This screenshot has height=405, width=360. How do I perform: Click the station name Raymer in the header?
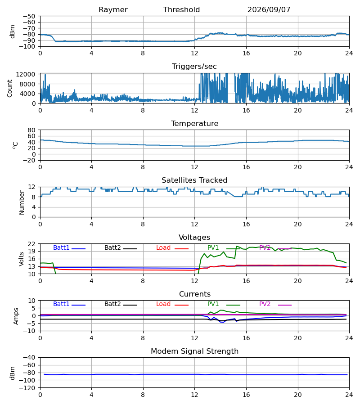[113, 10]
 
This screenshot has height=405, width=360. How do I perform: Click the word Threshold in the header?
[181, 10]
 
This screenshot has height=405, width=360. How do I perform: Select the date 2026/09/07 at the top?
[269, 10]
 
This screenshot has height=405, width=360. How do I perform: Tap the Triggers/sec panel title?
[194, 67]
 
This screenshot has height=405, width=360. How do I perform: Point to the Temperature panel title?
[195, 123]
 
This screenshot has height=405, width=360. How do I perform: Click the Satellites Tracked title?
[194, 180]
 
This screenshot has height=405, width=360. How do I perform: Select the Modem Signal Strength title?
[195, 351]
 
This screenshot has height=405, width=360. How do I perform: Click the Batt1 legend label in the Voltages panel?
[61, 247]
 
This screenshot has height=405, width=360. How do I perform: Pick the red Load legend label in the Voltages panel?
[163, 247]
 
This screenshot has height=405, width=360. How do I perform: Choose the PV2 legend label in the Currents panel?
[265, 304]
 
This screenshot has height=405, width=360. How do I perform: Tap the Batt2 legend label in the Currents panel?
[112, 304]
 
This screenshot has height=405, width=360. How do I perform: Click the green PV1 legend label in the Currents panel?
[213, 304]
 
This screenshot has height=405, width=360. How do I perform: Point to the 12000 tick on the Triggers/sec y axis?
[26, 74]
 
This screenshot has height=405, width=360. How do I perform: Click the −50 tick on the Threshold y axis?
[29, 16]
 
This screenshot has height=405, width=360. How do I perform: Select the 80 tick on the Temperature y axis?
[31, 130]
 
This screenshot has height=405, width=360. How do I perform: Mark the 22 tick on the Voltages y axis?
[31, 244]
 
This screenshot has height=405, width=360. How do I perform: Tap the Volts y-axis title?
[22, 259]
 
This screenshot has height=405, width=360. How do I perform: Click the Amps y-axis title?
[16, 316]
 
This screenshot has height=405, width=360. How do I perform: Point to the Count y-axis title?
[9, 88]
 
